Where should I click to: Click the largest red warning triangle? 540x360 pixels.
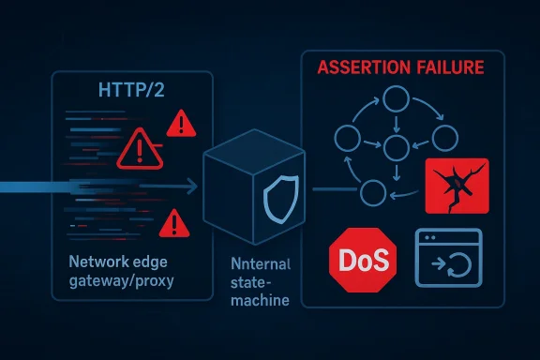[140, 148]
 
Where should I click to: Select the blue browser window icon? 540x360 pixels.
[448, 258]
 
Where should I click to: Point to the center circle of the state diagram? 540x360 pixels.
[396, 145]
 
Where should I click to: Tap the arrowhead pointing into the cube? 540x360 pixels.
[194, 187]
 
